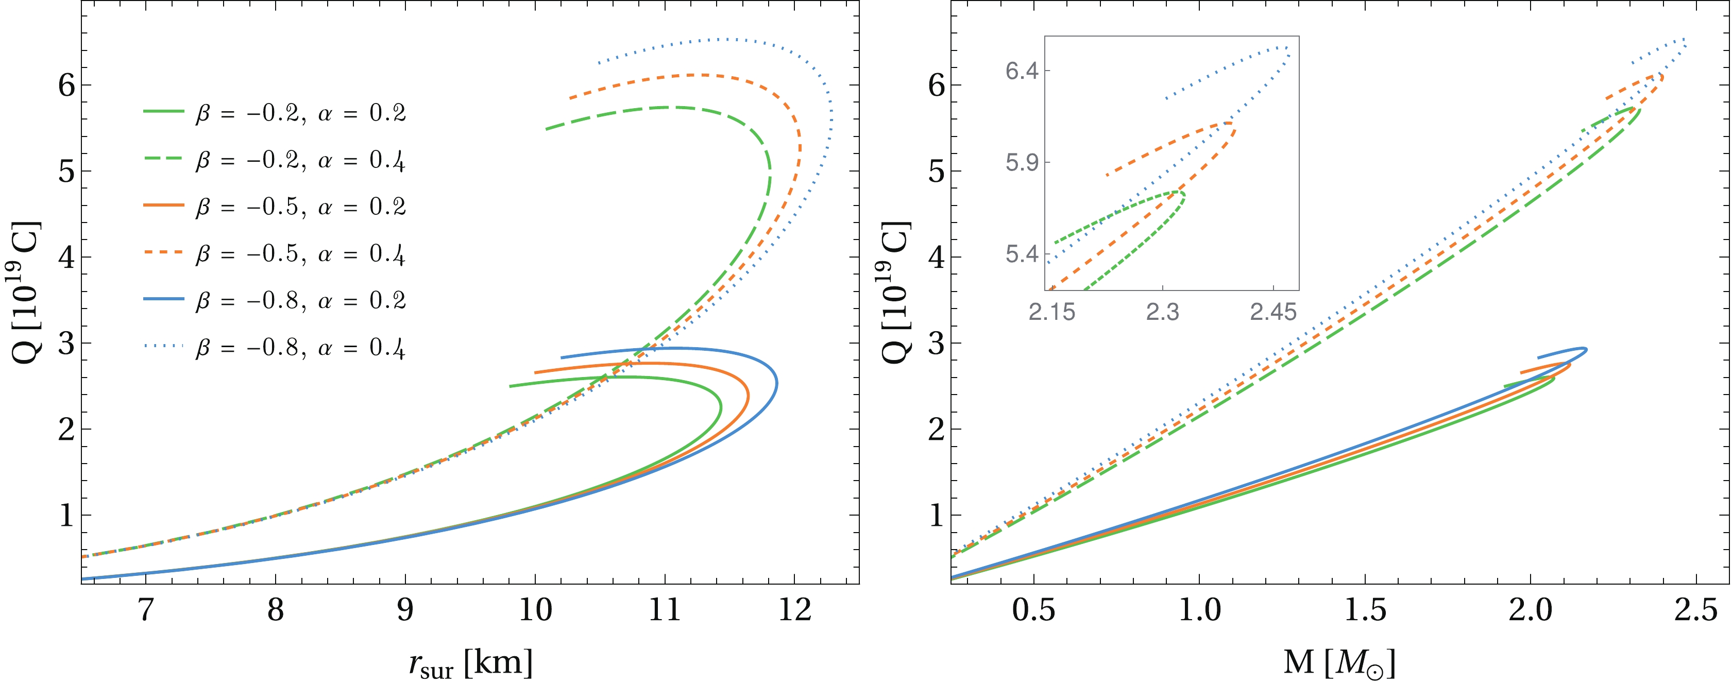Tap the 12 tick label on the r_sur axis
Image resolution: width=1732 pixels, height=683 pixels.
(x=795, y=610)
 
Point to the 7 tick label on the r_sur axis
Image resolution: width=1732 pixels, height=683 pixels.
(x=145, y=610)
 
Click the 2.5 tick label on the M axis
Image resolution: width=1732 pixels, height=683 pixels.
(x=1696, y=610)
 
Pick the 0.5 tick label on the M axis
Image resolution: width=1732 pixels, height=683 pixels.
(x=1034, y=610)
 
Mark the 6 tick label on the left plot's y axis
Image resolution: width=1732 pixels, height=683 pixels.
(x=66, y=86)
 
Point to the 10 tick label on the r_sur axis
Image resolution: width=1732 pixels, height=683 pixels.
(x=535, y=610)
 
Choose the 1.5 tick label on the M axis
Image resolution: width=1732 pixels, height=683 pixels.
(x=1365, y=610)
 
